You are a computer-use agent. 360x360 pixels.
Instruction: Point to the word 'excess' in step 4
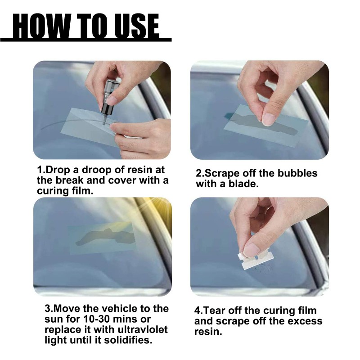(x=305, y=321)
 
